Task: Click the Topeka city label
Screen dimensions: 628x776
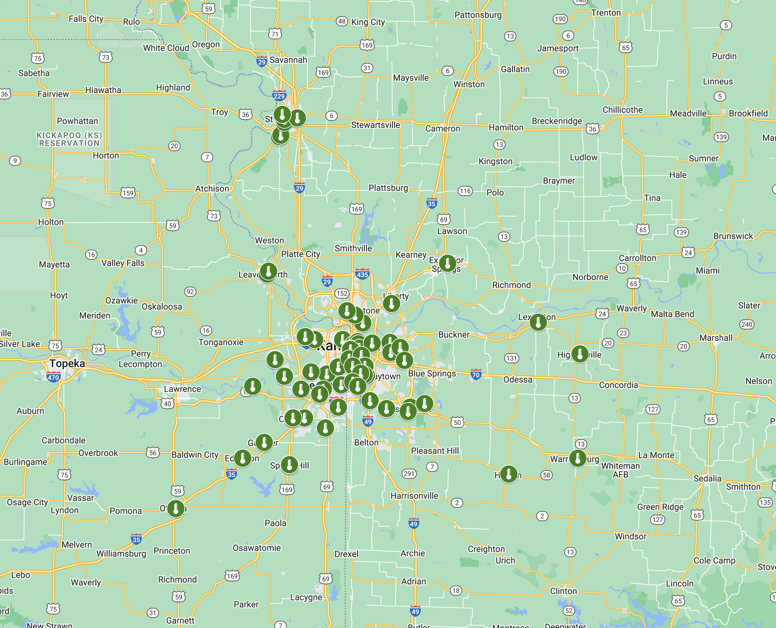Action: pyautogui.click(x=67, y=363)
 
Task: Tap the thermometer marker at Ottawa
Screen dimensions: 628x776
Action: pyautogui.click(x=176, y=508)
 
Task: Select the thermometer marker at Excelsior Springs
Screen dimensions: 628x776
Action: pyautogui.click(x=448, y=263)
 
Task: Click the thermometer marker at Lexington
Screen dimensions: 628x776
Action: pyautogui.click(x=538, y=322)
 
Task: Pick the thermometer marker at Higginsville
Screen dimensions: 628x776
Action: pyautogui.click(x=580, y=354)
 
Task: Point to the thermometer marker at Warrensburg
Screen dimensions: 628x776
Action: pyautogui.click(x=578, y=458)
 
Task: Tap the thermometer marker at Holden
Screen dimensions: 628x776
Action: pyautogui.click(x=509, y=474)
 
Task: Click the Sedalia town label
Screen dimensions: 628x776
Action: pyautogui.click(x=707, y=478)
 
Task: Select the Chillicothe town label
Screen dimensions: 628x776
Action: pyautogui.click(x=622, y=110)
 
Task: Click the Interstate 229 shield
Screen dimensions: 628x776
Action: pyautogui.click(x=279, y=96)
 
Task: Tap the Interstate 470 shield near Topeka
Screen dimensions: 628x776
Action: pyautogui.click(x=53, y=377)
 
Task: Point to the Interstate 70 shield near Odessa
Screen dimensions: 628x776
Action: pyautogui.click(x=476, y=375)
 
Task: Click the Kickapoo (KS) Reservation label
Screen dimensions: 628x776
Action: pyautogui.click(x=69, y=139)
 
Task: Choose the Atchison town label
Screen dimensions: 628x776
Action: pyautogui.click(x=212, y=188)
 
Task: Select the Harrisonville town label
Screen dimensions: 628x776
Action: pyautogui.click(x=414, y=496)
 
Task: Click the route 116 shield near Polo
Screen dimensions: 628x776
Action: pyautogui.click(x=465, y=191)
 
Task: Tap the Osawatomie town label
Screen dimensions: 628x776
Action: pyautogui.click(x=256, y=548)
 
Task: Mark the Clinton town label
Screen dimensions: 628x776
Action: pyautogui.click(x=563, y=591)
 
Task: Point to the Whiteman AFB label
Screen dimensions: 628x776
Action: pyautogui.click(x=621, y=470)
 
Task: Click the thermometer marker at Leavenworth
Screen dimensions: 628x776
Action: pyautogui.click(x=268, y=271)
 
